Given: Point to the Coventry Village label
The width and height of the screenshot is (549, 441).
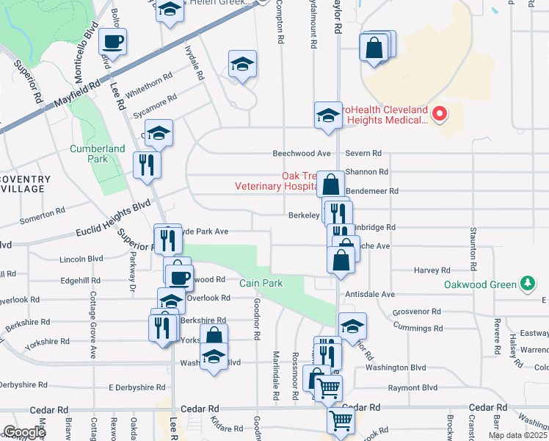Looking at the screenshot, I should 25,184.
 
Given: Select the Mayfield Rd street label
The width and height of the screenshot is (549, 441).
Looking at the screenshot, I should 73,97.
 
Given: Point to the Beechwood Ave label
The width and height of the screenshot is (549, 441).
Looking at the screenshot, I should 302,154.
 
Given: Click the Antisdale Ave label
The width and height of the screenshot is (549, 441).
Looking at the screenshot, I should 369,294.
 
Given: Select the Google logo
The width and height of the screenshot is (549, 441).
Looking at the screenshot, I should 24,432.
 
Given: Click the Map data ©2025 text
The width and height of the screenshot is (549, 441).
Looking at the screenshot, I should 517,435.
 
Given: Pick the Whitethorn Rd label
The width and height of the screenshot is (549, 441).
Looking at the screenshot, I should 150,79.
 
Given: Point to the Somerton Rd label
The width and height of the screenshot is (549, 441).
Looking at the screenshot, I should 48,215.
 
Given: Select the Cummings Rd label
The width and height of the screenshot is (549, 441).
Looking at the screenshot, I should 418,328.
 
